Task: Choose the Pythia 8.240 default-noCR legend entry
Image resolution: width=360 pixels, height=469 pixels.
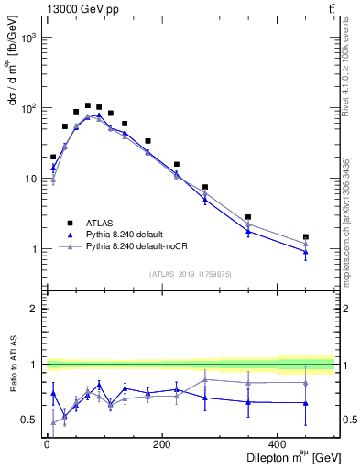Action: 136,246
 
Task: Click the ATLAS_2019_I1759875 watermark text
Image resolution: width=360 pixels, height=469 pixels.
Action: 190,273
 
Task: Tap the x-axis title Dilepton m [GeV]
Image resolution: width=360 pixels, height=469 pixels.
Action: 286,457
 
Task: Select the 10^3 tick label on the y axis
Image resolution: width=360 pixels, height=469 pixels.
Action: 30,38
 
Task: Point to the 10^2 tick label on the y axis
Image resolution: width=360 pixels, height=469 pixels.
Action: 30,109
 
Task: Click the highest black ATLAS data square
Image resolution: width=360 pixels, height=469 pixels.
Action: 88,105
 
